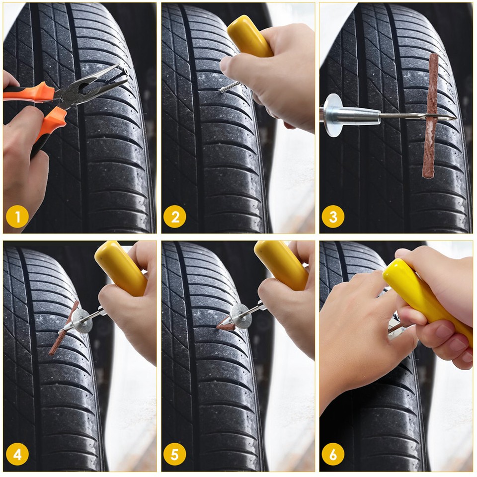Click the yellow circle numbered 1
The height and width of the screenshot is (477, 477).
[x=17, y=217]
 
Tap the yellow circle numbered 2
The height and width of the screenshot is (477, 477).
[x=174, y=217]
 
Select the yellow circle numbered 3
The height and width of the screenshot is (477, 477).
[x=332, y=217]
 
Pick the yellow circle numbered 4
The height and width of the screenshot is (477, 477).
[x=17, y=455]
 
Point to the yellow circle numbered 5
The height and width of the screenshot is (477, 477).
[x=174, y=455]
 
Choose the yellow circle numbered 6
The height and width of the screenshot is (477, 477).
[x=332, y=455]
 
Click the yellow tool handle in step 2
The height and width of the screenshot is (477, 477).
[x=248, y=36]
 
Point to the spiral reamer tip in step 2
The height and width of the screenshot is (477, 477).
[x=229, y=88]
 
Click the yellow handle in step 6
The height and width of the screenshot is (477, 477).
[x=427, y=298]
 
